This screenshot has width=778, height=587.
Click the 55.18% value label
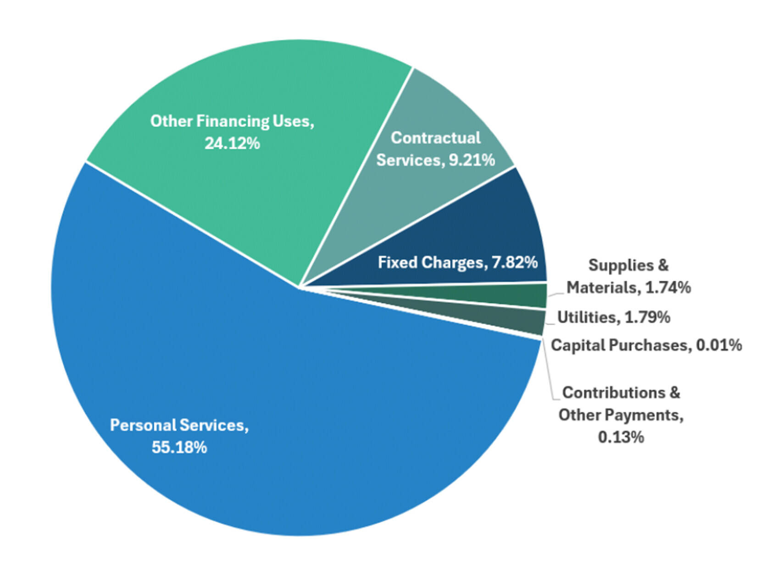pyautogui.click(x=179, y=447)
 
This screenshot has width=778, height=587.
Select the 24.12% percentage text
pyautogui.click(x=232, y=144)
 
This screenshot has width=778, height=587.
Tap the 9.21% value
pyautogui.click(x=472, y=160)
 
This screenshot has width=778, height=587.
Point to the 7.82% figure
pyautogui.click(x=515, y=262)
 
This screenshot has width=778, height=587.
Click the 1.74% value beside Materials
pyautogui.click(x=668, y=288)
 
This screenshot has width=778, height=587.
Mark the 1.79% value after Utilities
pyautogui.click(x=648, y=317)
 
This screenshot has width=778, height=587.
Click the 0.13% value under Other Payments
pyautogui.click(x=621, y=437)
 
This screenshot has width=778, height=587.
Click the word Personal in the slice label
pyautogui.click(x=143, y=425)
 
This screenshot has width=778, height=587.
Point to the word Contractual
pyautogui.click(x=436, y=138)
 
